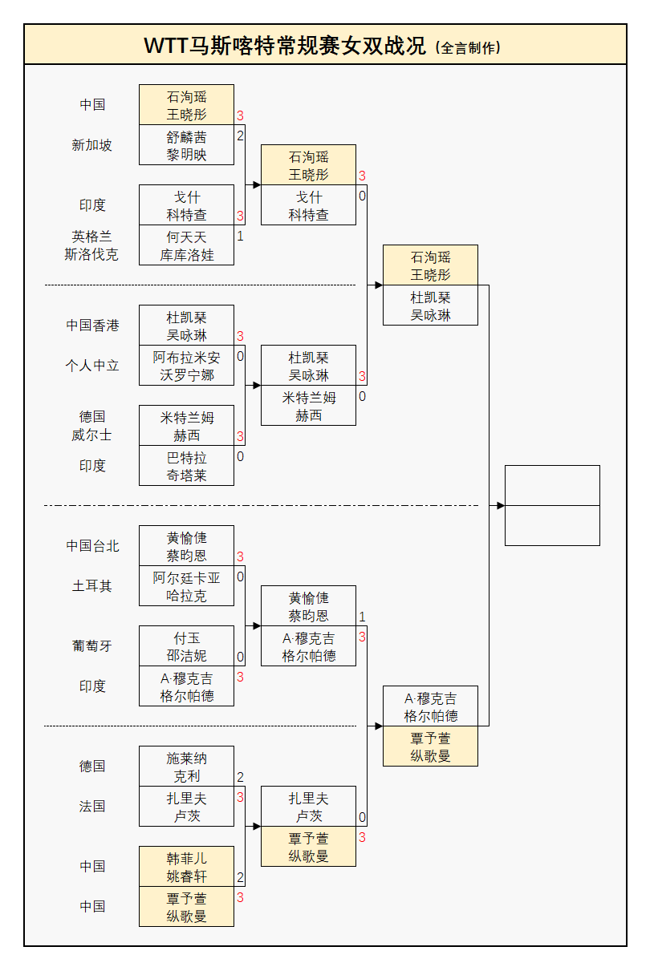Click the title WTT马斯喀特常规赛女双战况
[x=286, y=46]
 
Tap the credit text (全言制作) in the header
[x=468, y=47]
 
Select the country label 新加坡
[x=92, y=145]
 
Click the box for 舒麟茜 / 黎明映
[x=186, y=145]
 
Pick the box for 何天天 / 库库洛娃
[x=186, y=245]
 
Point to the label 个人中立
[x=92, y=366]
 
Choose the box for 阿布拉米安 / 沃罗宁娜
[x=186, y=366]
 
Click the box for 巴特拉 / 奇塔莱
[x=186, y=466]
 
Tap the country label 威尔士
[x=92, y=435]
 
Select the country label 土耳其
[x=92, y=586]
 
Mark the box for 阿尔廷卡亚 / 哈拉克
[x=186, y=586]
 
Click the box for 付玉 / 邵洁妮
[x=186, y=646]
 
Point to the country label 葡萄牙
[x=92, y=646]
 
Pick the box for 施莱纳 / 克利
[x=186, y=767]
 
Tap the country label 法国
[x=92, y=807]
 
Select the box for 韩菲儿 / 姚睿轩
[x=186, y=867]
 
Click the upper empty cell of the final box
[x=552, y=485]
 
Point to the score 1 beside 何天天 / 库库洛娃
[x=240, y=237]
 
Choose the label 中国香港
[x=92, y=326]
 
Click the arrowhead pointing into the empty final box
[x=500, y=506]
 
